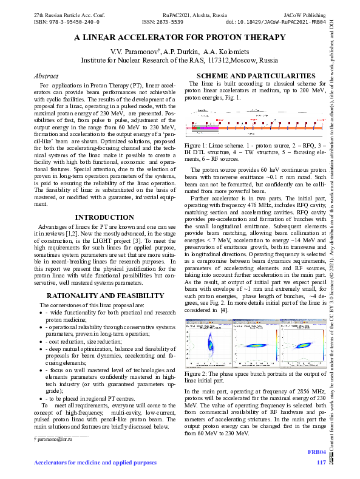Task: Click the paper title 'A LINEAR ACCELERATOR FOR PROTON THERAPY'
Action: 180,38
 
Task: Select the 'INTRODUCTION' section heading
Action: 104,217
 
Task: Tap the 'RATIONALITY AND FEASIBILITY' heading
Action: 104,295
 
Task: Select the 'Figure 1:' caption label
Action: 198,146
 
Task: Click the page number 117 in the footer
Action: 321,463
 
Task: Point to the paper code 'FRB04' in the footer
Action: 317,452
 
